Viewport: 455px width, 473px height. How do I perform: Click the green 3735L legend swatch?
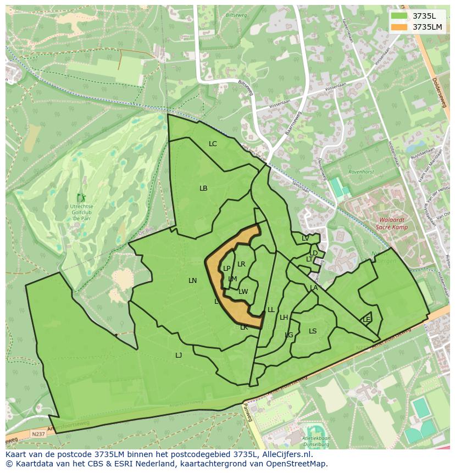coord(399,16)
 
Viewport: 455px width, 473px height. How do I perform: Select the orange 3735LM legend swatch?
coord(399,27)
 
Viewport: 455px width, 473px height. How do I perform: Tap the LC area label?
coord(213,144)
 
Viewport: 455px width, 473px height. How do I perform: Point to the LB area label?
coord(203,188)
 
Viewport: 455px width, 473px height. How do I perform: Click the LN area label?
coord(192,281)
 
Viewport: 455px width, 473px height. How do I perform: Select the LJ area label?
coord(179,355)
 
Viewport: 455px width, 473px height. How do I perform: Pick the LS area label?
coord(313,331)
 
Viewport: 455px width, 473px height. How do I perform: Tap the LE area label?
coord(367,320)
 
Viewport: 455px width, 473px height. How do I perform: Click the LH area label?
coord(284,318)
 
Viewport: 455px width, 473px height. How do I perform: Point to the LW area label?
coord(243,292)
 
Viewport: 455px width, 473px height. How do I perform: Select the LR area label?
coord(241,264)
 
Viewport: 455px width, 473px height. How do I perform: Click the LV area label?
coord(305,238)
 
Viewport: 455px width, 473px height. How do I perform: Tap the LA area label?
coord(314,288)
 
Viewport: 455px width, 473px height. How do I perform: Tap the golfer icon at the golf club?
coord(81,198)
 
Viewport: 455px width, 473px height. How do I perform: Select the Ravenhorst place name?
coord(360,172)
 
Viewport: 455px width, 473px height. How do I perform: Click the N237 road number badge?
coord(38,434)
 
